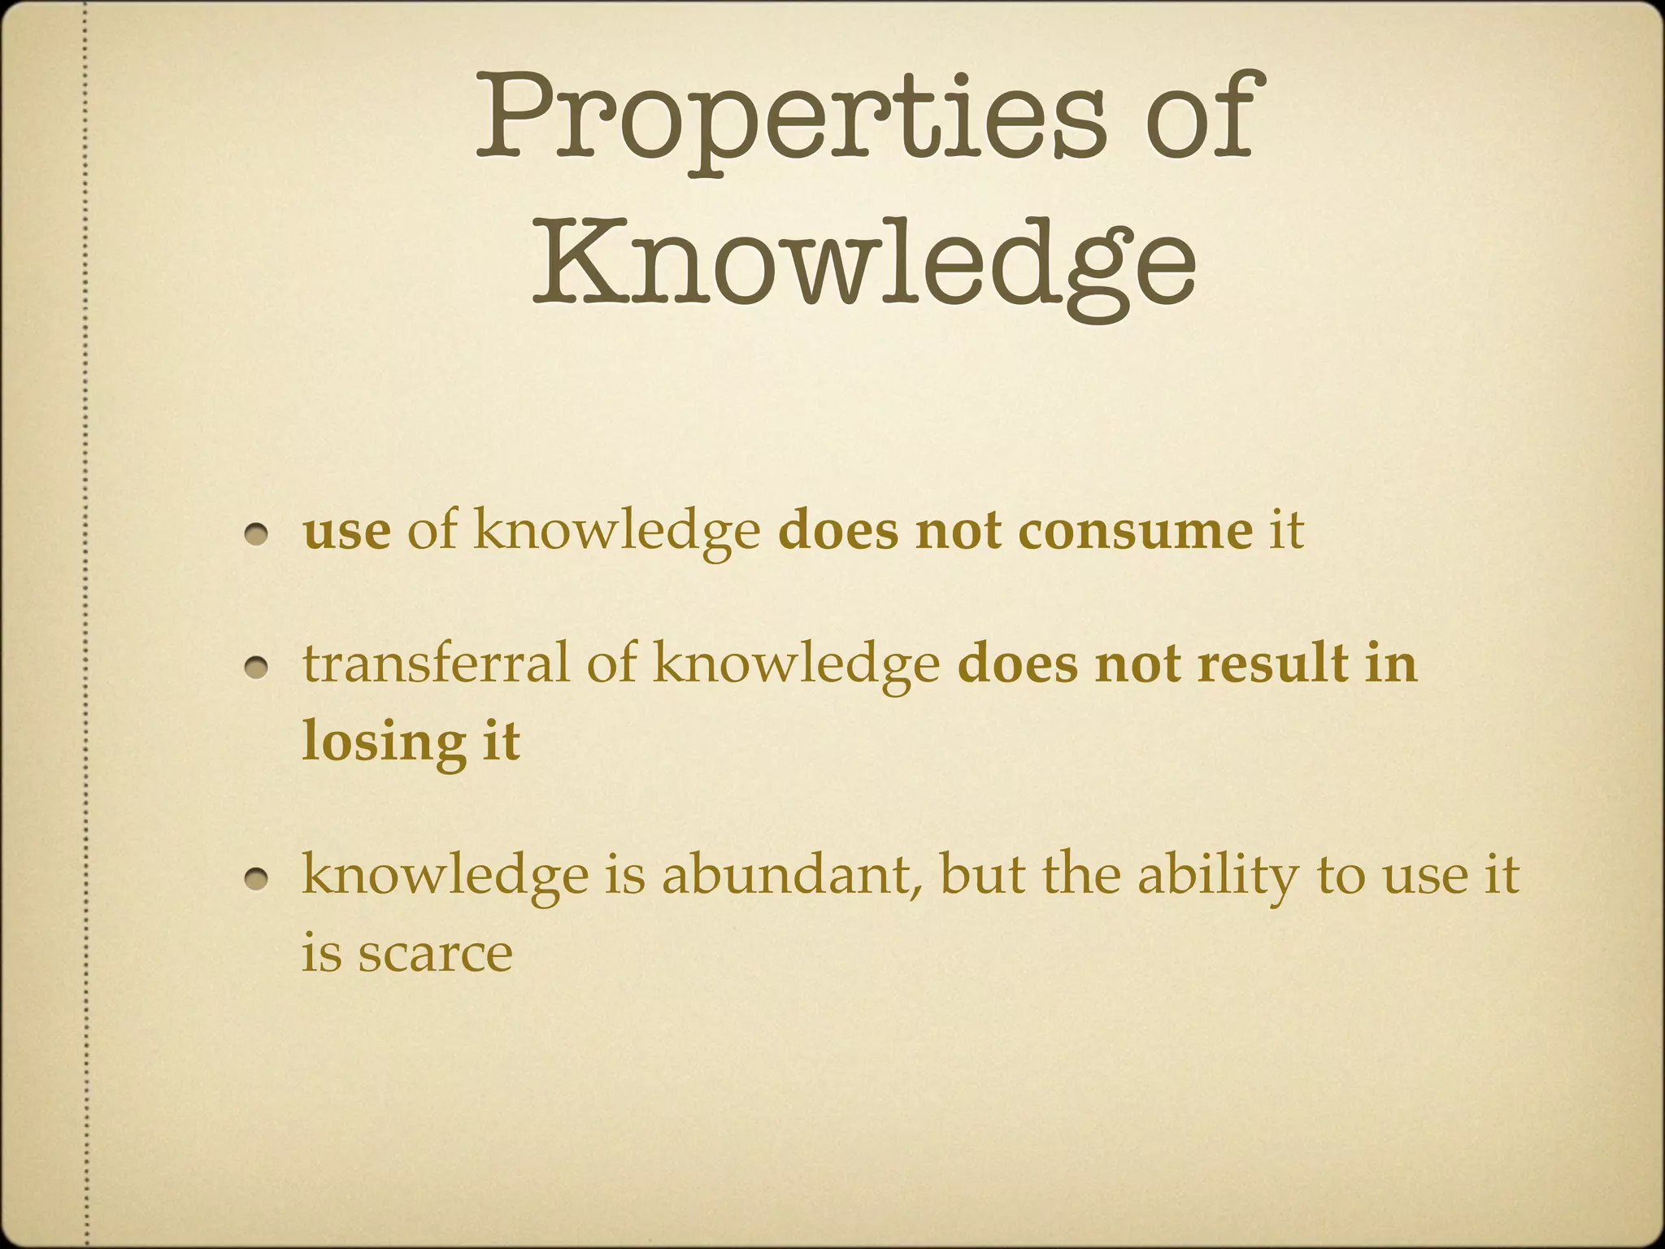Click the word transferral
436,664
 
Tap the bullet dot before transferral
259,667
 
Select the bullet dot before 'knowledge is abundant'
259,878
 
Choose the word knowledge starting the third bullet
444,877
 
